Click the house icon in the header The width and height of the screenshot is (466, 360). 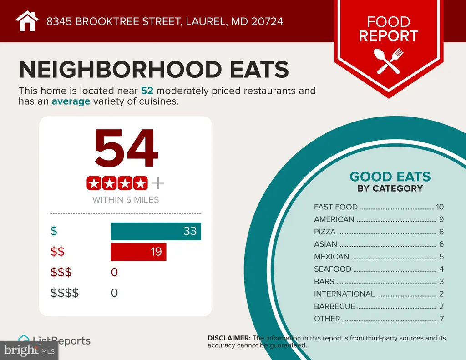[27, 21]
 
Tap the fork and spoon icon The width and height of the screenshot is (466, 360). [388, 61]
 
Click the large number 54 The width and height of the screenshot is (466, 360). [126, 149]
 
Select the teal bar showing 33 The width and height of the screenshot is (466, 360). [156, 231]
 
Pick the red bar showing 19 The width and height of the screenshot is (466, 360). [138, 252]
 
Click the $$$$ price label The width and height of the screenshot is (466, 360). [64, 293]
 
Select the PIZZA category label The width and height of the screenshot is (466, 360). [325, 232]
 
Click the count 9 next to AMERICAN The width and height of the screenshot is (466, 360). [441, 219]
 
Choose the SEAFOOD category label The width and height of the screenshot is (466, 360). [333, 269]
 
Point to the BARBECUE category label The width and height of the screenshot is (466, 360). [334, 306]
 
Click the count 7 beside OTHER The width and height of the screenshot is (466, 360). [441, 319]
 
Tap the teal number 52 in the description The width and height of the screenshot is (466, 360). [147, 91]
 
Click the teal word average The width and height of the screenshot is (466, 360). [71, 101]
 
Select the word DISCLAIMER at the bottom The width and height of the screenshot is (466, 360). [228, 338]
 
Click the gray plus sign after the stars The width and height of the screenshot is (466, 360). [157, 183]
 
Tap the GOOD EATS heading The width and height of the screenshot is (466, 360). [390, 177]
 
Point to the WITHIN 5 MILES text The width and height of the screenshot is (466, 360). [126, 200]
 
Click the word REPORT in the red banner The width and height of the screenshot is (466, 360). [388, 36]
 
